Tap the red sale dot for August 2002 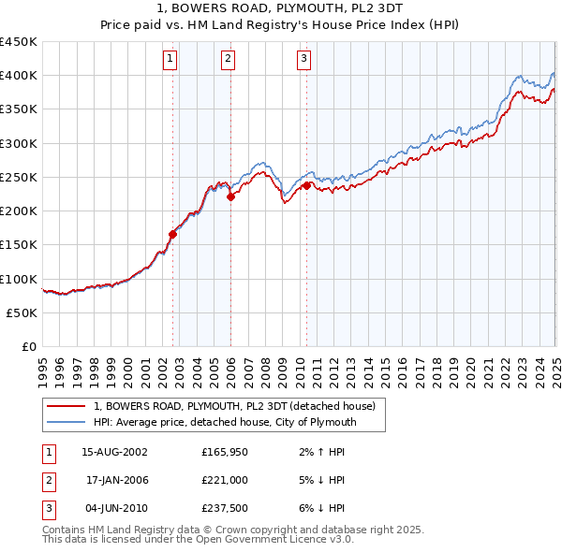pyautogui.click(x=172, y=234)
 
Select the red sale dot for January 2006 pyautogui.click(x=230, y=196)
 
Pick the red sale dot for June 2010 pyautogui.click(x=306, y=185)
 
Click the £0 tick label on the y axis pyautogui.click(x=28, y=346)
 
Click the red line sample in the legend pyautogui.click(x=66, y=406)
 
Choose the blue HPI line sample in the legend pyautogui.click(x=66, y=423)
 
